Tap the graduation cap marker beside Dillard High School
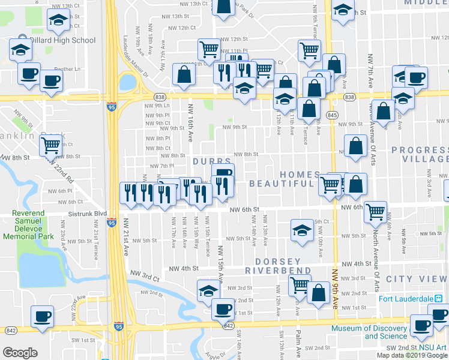(x=20, y=49)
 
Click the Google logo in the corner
(x=20, y=353)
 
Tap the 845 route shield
(x=331, y=115)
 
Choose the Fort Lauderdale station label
(x=406, y=299)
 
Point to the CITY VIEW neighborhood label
(x=417, y=279)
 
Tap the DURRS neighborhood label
(x=212, y=162)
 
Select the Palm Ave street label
(x=298, y=342)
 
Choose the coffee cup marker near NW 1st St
(x=223, y=308)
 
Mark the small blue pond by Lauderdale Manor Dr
(x=128, y=82)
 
